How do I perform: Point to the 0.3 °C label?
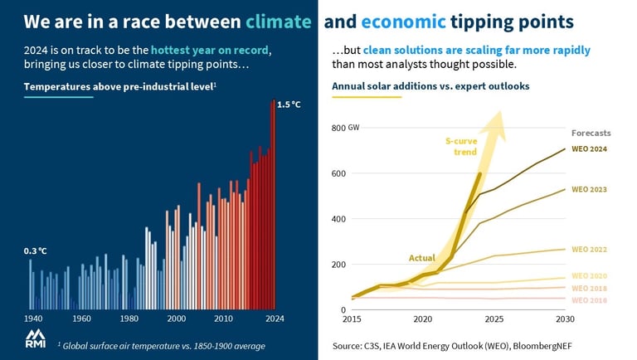coord(35,251)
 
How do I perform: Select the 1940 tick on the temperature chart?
coord(33,319)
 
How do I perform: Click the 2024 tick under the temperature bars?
coord(275,319)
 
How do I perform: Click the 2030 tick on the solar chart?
coord(565,319)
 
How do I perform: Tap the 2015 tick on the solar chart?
coord(352,319)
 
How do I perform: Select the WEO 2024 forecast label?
coord(590,149)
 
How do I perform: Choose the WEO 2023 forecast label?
coord(590,189)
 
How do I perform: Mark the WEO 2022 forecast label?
coord(590,249)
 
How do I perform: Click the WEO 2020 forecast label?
coord(590,275)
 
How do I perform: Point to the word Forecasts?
coord(591,133)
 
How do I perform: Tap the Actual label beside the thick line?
coord(422,258)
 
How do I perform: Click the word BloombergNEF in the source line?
coord(543,344)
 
